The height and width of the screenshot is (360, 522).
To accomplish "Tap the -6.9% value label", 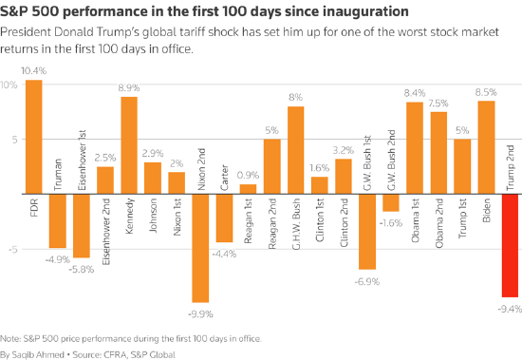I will point(367,281).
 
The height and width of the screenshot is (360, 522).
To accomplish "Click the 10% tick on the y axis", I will point(9,85).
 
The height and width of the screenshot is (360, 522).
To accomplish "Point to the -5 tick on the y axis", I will point(9,250).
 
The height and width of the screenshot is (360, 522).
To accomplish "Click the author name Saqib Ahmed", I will point(38,353).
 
